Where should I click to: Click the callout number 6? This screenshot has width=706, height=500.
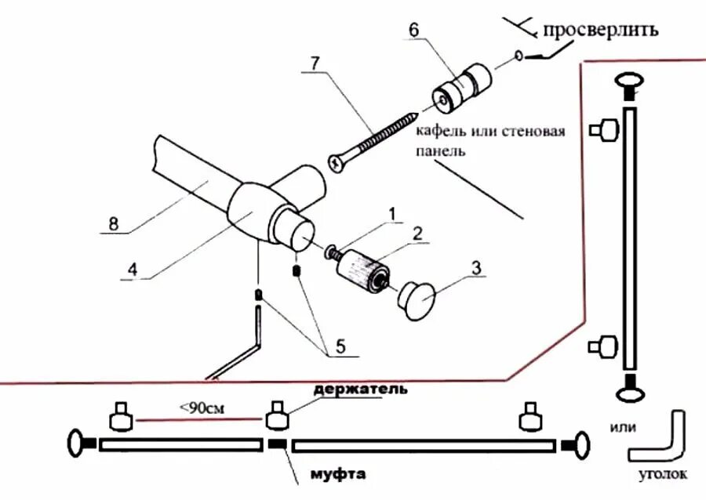pos(413,29)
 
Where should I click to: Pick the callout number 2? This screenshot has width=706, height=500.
pos(418,233)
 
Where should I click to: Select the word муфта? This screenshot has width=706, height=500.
pos(338,474)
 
